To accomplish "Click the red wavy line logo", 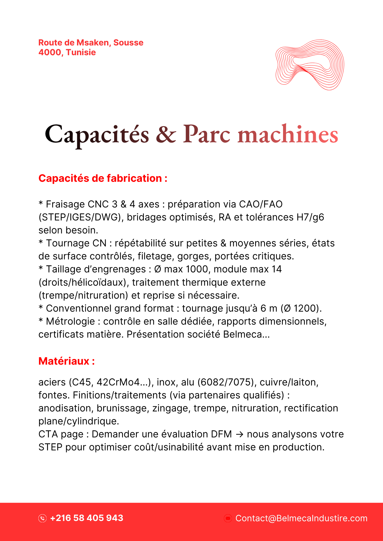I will (x=310, y=65).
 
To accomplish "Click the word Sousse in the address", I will (x=128, y=43).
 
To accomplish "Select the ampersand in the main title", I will (x=166, y=134).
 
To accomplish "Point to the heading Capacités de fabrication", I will (x=103, y=179).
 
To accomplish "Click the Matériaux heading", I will (x=67, y=361).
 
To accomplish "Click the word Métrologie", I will (x=70, y=322).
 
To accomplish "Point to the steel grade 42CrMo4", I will (x=118, y=382).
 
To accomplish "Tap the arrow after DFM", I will (x=239, y=434).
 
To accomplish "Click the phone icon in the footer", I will (x=43, y=518).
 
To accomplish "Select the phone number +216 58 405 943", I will (x=87, y=518).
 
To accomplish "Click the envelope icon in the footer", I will (x=228, y=518).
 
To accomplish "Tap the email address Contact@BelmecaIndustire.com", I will (x=301, y=518).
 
